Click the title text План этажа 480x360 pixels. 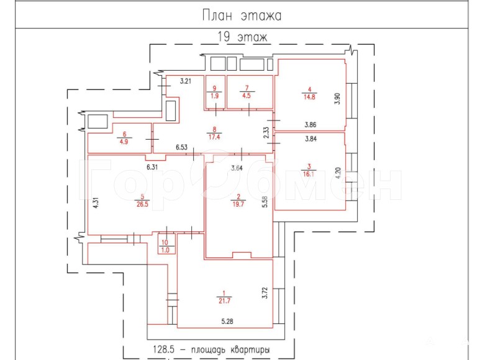[242, 15]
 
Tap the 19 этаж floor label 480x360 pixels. [242, 37]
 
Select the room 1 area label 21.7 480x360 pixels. [224, 301]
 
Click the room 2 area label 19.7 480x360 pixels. [238, 204]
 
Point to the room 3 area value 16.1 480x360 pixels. [309, 174]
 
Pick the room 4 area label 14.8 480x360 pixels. [309, 97]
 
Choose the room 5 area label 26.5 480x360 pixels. [142, 204]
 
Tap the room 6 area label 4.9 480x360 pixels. [124, 142]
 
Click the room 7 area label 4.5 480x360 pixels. [247, 96]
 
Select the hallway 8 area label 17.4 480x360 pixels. [214, 137]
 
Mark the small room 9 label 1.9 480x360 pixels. [215, 96]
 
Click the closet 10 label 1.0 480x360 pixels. [165, 250]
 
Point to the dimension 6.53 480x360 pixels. [181, 147]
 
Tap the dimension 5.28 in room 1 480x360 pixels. [227, 321]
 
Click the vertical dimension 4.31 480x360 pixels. [96, 203]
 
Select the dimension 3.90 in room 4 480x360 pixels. [337, 99]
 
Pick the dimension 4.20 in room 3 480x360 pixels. [338, 173]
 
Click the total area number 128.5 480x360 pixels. [163, 349]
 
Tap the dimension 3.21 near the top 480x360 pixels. [186, 81]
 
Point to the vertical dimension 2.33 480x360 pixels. [266, 133]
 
